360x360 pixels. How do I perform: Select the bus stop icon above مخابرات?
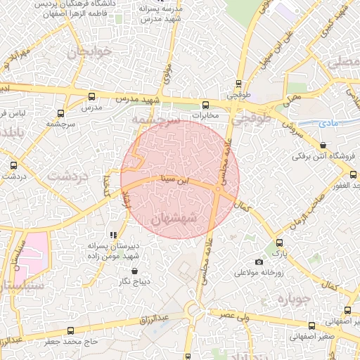click(x=205, y=103)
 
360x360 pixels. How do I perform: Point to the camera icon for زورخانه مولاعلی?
click(x=259, y=262)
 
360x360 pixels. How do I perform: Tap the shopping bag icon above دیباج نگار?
click(x=134, y=271)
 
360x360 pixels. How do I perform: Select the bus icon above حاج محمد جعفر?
click(x=70, y=330)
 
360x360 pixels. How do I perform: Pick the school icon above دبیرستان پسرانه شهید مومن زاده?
click(x=113, y=235)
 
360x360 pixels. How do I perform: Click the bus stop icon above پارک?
click(x=280, y=243)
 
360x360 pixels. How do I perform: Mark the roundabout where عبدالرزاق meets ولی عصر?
click(x=195, y=310)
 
